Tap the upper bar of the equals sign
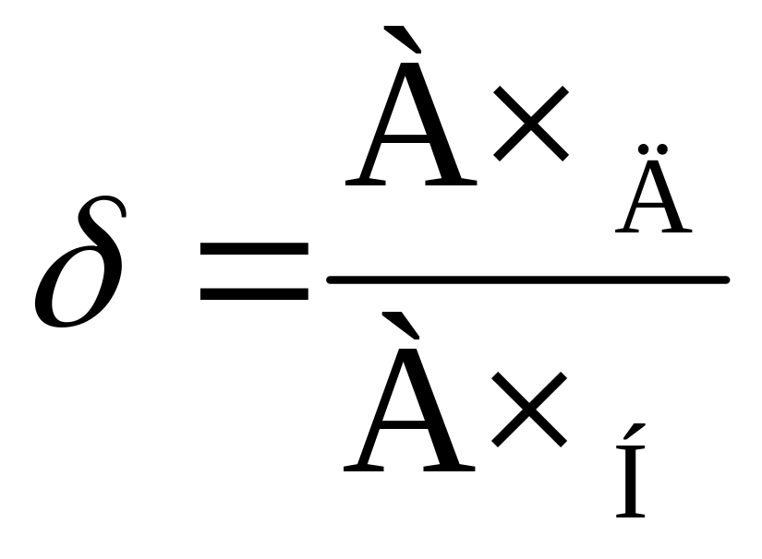pos(254,249)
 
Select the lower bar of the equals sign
pos(254,293)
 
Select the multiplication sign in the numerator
pos(530,123)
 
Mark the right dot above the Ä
pos(663,149)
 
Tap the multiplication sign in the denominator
pos(528,407)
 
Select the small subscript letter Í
pos(632,484)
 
